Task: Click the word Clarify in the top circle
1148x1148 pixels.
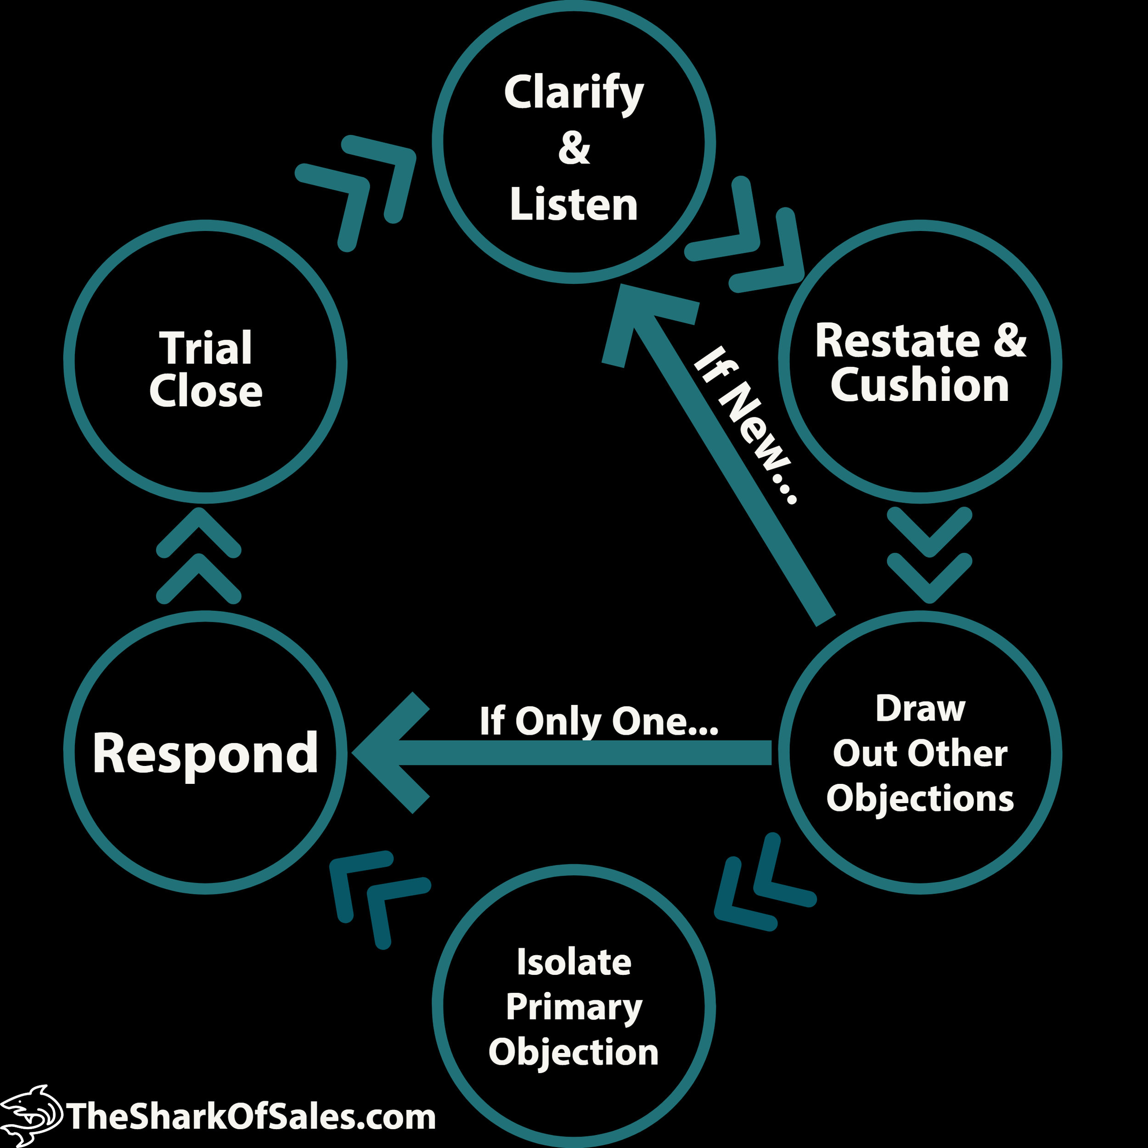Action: [x=574, y=93]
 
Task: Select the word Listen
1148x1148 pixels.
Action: [x=574, y=204]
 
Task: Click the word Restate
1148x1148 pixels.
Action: [x=897, y=341]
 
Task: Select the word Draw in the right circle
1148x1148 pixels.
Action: [x=920, y=708]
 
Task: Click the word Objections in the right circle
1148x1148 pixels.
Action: [x=920, y=798]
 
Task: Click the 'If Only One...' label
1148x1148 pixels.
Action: [x=598, y=721]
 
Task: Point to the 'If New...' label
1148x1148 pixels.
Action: [x=746, y=424]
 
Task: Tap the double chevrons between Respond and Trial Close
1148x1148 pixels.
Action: [x=198, y=556]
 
